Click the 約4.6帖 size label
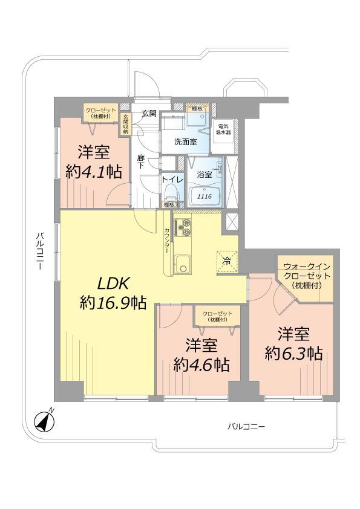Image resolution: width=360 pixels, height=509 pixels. pyautogui.click(x=201, y=365)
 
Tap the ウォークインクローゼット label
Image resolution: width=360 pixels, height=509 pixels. pyautogui.click(x=306, y=275)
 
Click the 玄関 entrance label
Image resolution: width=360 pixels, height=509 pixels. pyautogui.click(x=149, y=113)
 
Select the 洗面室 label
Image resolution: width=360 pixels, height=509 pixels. pyautogui.click(x=185, y=143)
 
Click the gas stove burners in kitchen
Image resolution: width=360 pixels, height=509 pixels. pyautogui.click(x=183, y=229)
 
